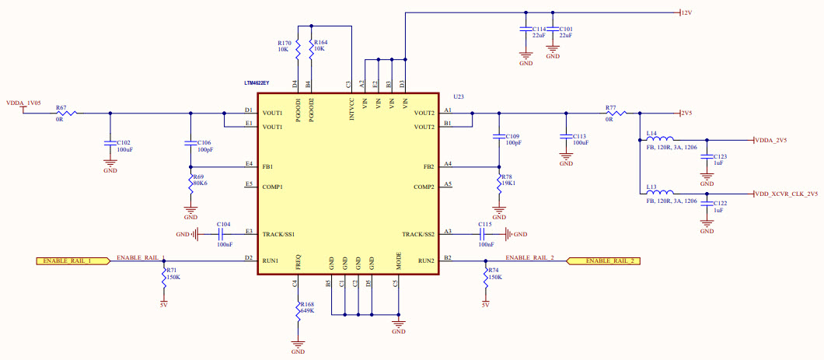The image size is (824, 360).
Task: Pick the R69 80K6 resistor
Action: click(x=190, y=184)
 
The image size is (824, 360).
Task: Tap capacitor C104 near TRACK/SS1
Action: click(x=222, y=233)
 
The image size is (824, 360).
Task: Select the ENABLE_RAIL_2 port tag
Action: click(x=605, y=260)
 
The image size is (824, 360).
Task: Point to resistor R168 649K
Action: click(x=297, y=309)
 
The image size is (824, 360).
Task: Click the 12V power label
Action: click(x=686, y=13)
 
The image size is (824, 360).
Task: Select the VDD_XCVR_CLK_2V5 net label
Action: click(x=786, y=194)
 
